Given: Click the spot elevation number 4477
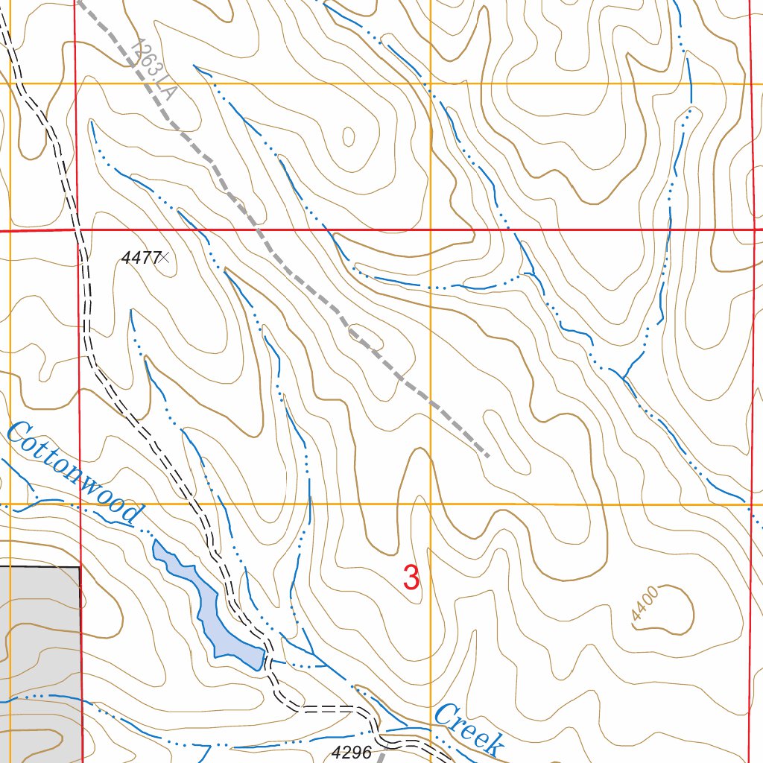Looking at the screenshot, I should (141, 258).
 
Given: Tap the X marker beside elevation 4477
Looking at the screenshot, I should (165, 258).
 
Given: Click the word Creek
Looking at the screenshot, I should (469, 728).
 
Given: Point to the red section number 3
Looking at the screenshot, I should (411, 577).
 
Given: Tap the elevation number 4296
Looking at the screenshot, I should (352, 752).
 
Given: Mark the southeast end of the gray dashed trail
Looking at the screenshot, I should (487, 455).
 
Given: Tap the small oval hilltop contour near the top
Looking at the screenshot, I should (349, 136).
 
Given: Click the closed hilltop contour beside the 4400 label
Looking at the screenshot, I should (674, 610).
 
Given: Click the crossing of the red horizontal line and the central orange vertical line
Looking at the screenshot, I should (431, 230).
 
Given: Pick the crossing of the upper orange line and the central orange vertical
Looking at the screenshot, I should (431, 83).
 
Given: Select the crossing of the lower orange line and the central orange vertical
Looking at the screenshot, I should (430, 504).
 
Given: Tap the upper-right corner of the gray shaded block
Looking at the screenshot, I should (80, 567).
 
